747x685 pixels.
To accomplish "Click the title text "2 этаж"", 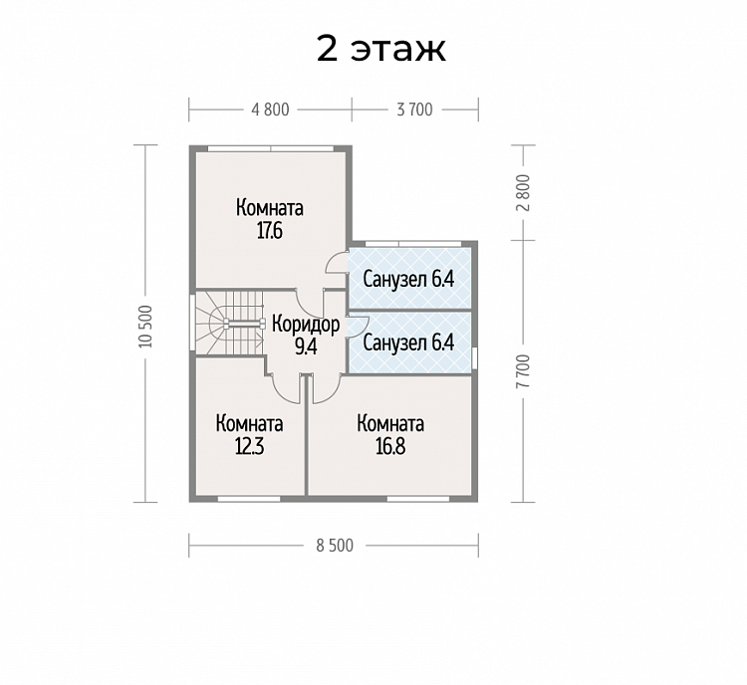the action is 381,49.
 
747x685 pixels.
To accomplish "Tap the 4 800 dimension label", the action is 270,110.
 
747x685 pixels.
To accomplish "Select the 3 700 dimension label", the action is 415,110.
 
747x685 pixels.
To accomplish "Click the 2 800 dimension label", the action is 523,193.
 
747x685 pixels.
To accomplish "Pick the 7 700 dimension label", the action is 523,371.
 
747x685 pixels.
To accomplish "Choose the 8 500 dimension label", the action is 335,546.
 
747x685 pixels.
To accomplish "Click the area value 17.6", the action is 270,231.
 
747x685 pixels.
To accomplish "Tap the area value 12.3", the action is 250,447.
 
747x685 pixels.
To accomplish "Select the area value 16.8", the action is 390,447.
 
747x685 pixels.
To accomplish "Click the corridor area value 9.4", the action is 306,347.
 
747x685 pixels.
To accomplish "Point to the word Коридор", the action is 306,325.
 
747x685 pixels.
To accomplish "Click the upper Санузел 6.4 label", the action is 408,279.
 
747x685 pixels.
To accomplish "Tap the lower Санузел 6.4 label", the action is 408,342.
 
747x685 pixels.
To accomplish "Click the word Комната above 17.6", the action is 270,208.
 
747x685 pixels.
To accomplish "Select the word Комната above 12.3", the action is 250,423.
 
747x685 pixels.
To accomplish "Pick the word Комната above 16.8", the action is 390,423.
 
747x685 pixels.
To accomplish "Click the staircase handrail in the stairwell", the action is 244,324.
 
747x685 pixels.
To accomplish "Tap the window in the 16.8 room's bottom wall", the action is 418,499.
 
